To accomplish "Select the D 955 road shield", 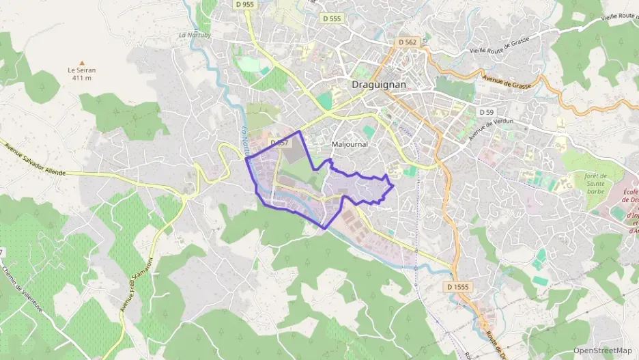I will click(244, 4).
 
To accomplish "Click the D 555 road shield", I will click(331, 19).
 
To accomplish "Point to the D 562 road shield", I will click(407, 42).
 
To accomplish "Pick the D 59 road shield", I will click(486, 111).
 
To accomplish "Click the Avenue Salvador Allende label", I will click(34, 159).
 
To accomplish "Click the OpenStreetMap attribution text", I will click(602, 350).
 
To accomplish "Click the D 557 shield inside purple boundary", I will click(280, 143).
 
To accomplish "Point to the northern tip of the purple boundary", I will click(300, 130).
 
